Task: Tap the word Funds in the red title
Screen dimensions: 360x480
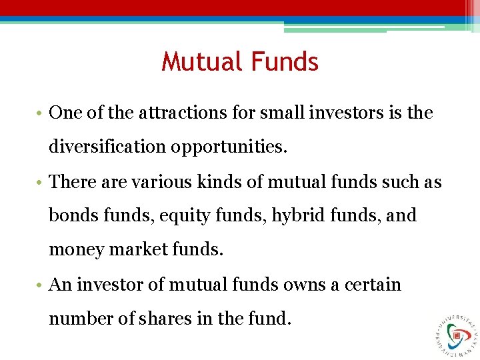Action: pyautogui.click(x=285, y=62)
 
